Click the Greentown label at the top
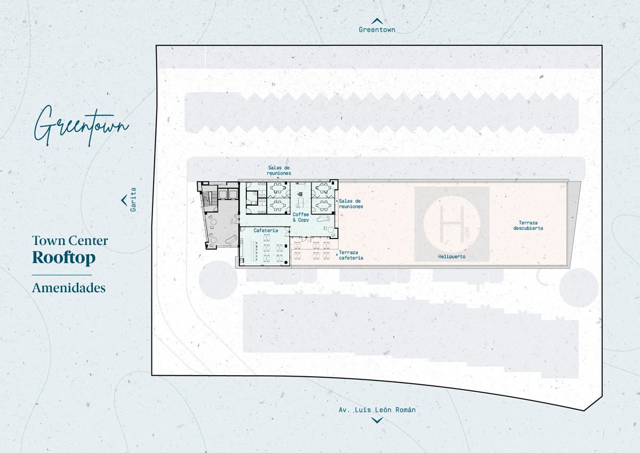tap(377, 30)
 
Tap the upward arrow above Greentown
tap(377, 21)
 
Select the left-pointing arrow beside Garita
tap(124, 200)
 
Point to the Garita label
tap(133, 200)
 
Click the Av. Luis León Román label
tap(377, 410)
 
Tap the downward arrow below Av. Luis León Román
tap(377, 420)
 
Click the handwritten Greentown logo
tap(82, 126)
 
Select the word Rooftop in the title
tap(63, 258)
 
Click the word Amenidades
tap(69, 288)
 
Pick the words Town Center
tap(70, 241)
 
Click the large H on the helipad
tap(452, 224)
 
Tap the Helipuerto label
tap(452, 257)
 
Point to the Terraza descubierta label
tap(528, 226)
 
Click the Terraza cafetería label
tap(351, 255)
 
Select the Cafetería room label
tap(266, 231)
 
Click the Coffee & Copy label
tap(301, 217)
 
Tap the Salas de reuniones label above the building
tap(279, 170)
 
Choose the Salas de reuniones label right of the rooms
tap(351, 204)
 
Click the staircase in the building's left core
tap(207, 199)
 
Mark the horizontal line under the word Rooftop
tap(62, 275)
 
